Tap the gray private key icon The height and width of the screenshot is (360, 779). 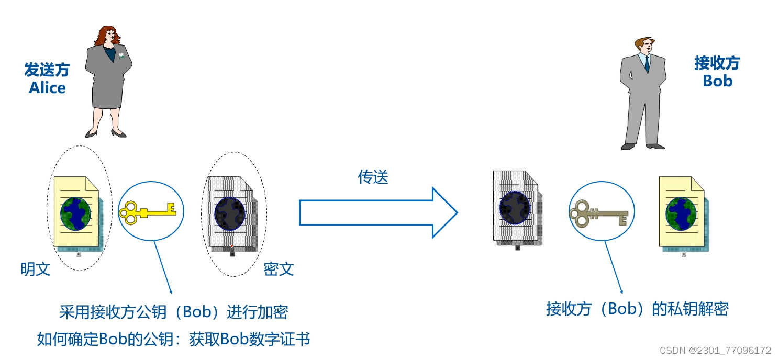598,214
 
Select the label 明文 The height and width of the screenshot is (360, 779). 36,269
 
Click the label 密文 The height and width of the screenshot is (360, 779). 279,269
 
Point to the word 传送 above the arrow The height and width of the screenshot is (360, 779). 373,177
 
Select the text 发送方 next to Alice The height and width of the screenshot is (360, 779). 47,70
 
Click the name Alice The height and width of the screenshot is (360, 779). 47,87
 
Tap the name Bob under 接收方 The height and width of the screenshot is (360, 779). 717,81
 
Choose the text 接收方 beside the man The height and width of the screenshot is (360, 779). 717,63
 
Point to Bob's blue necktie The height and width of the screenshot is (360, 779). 647,64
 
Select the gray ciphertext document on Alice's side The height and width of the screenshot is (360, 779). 231,211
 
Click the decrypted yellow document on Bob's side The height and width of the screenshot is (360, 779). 681,212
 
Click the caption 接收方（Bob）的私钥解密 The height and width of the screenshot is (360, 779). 637,309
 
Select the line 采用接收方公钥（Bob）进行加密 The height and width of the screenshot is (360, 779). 173,313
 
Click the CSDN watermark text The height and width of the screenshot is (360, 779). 715,350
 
